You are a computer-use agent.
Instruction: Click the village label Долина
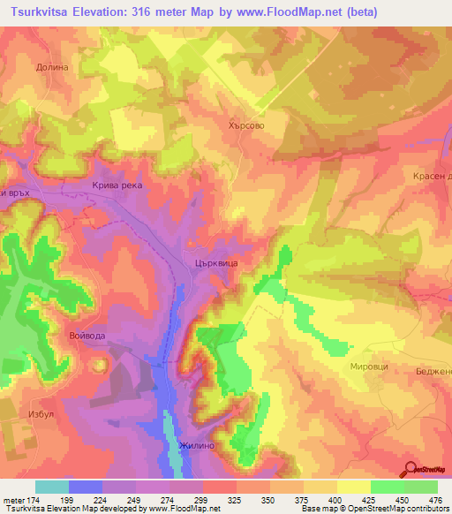[x=51, y=66]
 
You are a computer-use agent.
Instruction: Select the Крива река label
[x=117, y=186]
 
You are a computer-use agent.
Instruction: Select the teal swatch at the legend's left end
[x=52, y=487]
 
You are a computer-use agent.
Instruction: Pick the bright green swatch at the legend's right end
[x=421, y=487]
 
